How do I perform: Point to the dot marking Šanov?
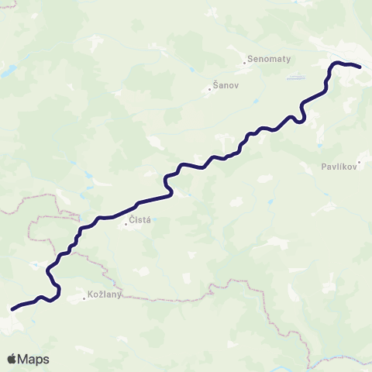pos(209,88)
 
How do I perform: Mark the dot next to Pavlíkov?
pos(319,166)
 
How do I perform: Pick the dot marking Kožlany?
pos(84,297)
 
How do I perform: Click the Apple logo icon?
pos(12,359)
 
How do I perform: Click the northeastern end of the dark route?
pos(359,67)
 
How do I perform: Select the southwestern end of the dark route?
pos(12,308)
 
